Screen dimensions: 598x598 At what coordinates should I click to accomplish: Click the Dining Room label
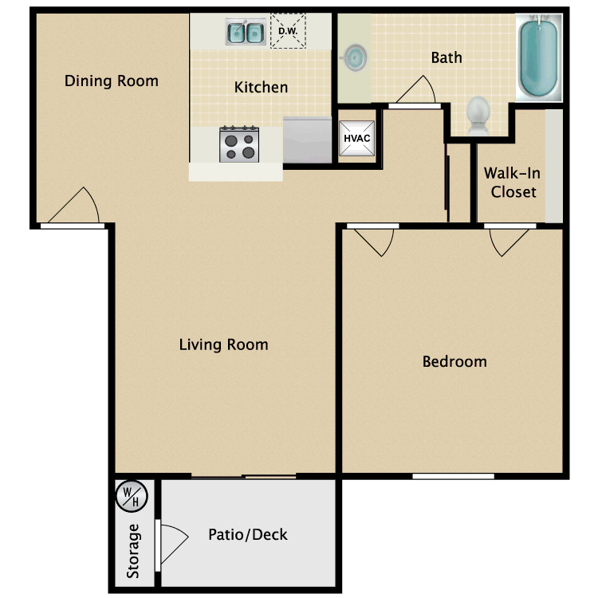click(111, 81)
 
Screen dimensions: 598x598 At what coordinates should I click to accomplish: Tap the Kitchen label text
click(261, 87)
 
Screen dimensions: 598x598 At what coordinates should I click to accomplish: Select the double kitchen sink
click(246, 33)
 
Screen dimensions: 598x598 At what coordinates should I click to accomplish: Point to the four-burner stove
click(239, 144)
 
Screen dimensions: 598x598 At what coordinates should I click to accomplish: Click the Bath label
click(447, 57)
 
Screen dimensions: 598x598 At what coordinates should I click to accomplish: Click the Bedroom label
click(454, 361)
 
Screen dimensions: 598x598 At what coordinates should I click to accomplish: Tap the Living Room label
click(223, 344)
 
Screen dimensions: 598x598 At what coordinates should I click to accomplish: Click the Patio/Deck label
click(247, 534)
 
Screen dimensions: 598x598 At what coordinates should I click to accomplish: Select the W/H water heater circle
click(130, 496)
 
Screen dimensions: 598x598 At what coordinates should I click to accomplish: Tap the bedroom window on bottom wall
click(453, 477)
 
